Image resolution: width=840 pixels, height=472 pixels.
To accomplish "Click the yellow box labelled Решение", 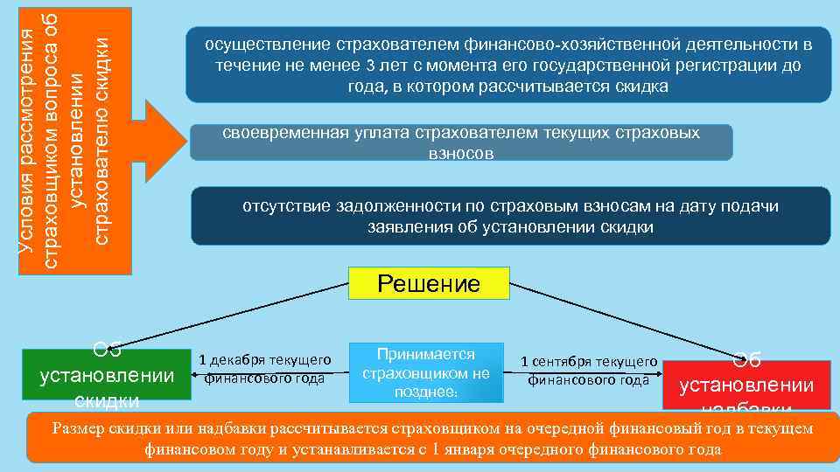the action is click(x=428, y=284).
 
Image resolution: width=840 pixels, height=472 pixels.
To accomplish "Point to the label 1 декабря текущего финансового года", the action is click(x=264, y=369).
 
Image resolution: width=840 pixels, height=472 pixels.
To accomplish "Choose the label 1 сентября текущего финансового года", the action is click(x=588, y=371).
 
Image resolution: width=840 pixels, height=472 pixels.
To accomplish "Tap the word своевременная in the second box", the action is click(x=276, y=133).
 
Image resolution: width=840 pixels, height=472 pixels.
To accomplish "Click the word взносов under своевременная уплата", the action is click(x=461, y=153).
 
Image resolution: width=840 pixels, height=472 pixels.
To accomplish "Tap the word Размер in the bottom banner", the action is click(x=80, y=428).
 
